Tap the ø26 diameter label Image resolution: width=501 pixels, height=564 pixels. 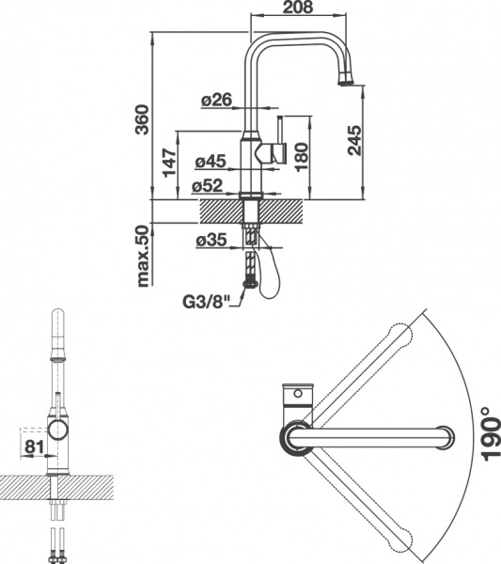[x=216, y=100]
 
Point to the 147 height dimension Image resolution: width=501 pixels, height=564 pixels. [x=168, y=163]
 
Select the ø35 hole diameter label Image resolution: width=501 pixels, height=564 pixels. [x=212, y=242]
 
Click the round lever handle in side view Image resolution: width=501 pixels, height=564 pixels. [x=274, y=152]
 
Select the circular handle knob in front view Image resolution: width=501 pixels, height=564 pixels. [x=60, y=432]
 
